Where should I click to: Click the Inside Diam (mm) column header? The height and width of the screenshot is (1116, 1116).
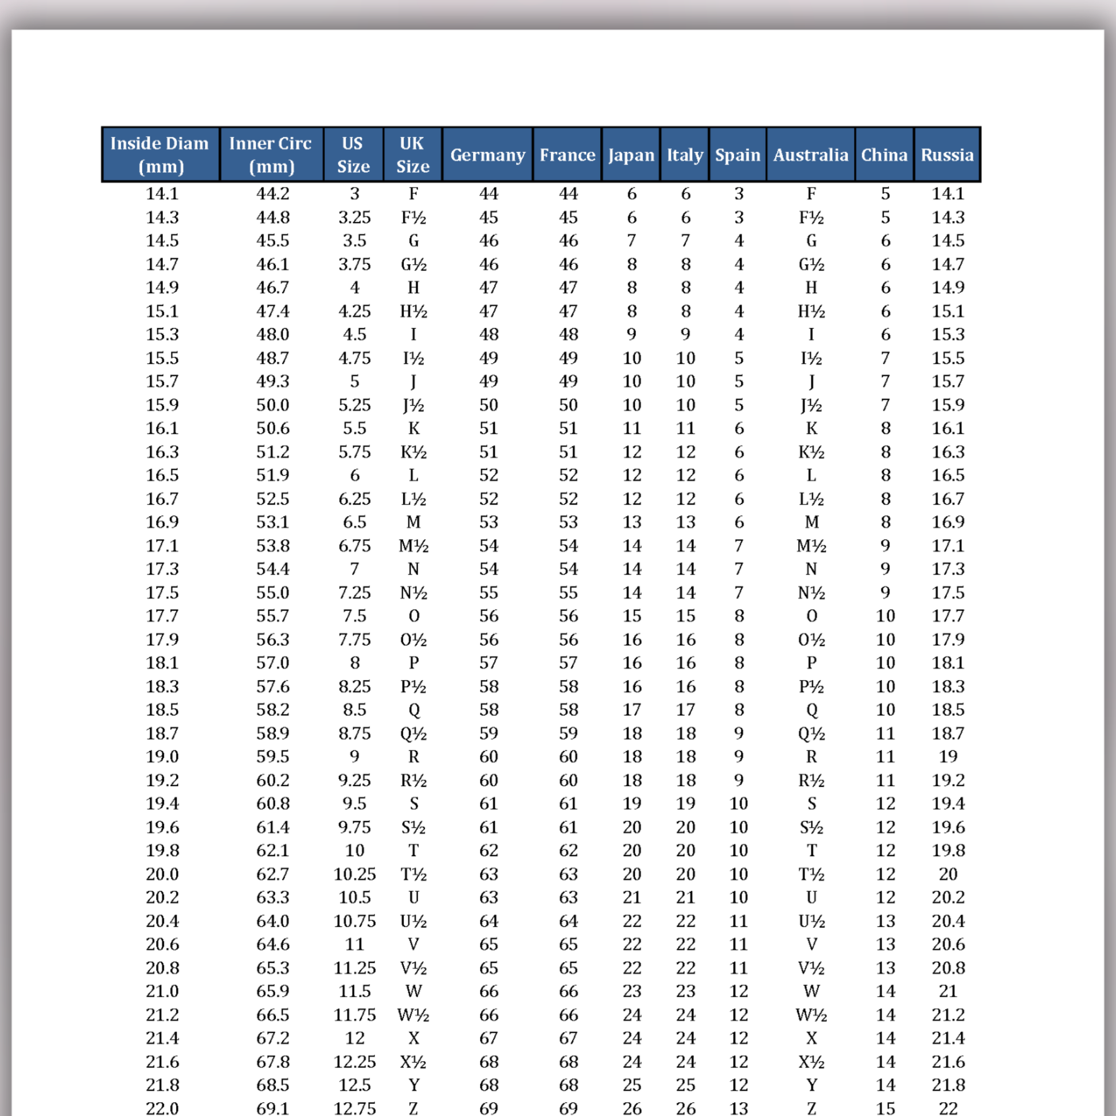[160, 154]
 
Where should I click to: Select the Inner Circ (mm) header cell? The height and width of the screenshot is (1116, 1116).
[271, 154]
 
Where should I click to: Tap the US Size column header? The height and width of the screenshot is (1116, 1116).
[353, 154]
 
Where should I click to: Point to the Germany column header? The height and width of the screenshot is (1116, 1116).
[487, 155]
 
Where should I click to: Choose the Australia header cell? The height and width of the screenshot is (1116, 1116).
[810, 155]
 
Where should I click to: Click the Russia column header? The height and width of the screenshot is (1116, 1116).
[947, 155]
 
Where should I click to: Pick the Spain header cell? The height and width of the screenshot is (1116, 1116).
[738, 155]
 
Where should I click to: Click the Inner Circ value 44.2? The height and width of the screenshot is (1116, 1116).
[272, 193]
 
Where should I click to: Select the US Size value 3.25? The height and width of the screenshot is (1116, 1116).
[354, 217]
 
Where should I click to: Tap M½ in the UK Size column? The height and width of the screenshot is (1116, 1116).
[413, 545]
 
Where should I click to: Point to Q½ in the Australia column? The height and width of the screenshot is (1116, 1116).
[811, 733]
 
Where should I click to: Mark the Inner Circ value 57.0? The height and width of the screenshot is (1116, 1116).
[272, 662]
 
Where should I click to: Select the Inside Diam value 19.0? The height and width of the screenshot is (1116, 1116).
[162, 756]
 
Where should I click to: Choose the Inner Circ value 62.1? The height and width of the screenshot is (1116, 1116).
[272, 850]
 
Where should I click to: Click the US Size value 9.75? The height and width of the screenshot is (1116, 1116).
[354, 826]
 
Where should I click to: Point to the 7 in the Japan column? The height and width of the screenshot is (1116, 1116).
[631, 240]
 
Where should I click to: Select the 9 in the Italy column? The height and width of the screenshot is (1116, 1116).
[685, 334]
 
